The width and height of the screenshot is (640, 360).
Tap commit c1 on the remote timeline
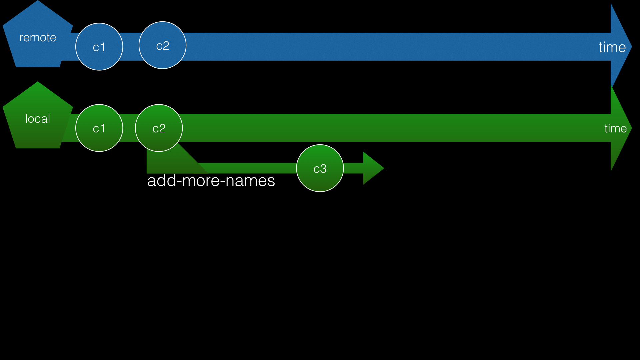[x=99, y=47]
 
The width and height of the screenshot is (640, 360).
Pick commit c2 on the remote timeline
[x=162, y=45]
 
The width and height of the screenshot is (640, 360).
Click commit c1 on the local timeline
[x=99, y=128]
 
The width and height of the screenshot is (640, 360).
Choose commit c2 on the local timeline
[x=159, y=128]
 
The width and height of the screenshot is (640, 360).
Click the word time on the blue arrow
[x=612, y=47]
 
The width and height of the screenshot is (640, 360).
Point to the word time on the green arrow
[x=615, y=128]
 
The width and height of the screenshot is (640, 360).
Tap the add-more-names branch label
[x=211, y=181]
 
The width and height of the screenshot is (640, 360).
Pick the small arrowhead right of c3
[x=372, y=168]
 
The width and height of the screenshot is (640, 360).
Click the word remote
[x=38, y=37]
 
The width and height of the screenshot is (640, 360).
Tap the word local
[x=38, y=119]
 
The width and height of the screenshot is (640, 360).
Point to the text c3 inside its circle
[x=320, y=169]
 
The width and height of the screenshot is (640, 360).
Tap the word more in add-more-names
[x=201, y=181]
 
